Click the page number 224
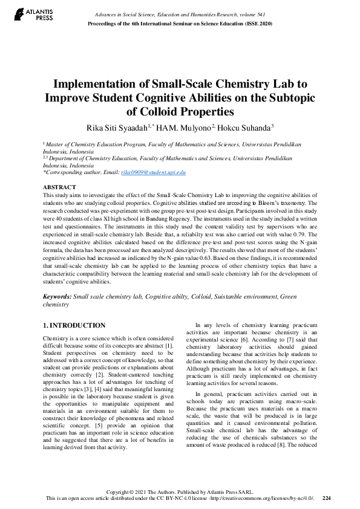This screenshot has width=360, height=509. point(327,498)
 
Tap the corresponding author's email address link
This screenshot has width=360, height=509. point(153,172)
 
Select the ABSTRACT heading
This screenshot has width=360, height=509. point(59,187)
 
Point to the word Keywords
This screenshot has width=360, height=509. point(57,297)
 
